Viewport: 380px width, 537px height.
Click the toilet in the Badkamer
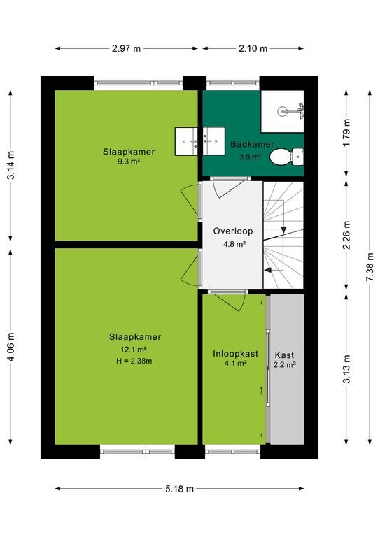(286, 157)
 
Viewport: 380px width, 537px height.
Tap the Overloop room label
(233, 231)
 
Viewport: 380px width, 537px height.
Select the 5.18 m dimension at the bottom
(180, 489)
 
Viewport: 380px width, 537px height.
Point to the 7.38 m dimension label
(370, 267)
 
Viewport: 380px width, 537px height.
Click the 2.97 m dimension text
(126, 48)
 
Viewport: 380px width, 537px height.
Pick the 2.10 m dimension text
(253, 48)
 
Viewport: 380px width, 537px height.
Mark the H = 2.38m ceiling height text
(134, 361)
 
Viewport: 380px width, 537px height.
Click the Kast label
(284, 355)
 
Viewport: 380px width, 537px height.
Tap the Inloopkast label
(235, 353)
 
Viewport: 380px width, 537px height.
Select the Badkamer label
(252, 144)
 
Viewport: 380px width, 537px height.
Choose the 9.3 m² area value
(129, 162)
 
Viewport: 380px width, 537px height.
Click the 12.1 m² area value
(134, 350)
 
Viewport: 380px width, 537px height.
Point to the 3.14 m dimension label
(11, 165)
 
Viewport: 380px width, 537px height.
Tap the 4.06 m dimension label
(11, 347)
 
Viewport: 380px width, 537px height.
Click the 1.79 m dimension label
(347, 133)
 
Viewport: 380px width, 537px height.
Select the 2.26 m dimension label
(347, 235)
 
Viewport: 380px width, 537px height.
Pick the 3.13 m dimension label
(347, 369)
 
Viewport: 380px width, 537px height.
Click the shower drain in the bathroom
(282, 111)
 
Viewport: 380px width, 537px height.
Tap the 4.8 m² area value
(234, 244)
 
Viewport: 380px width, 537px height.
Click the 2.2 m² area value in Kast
(284, 365)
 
